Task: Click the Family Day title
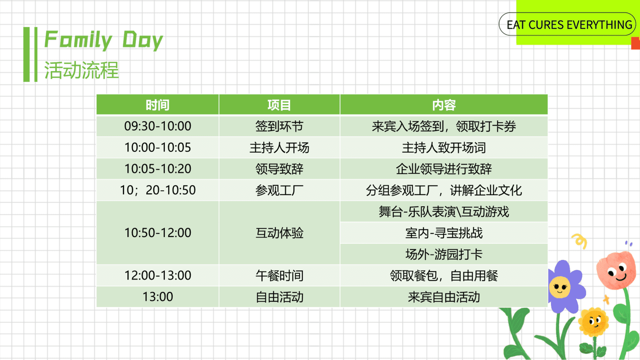click(x=104, y=40)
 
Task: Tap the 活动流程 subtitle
click(x=81, y=70)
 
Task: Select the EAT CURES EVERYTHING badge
click(x=567, y=24)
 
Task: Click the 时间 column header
click(x=158, y=105)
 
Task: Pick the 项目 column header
click(x=279, y=105)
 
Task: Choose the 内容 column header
click(x=444, y=105)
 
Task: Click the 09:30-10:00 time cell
click(x=158, y=126)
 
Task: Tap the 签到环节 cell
click(x=279, y=126)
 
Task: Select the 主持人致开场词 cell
click(x=444, y=147)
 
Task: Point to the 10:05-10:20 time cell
click(x=158, y=169)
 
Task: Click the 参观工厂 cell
click(x=279, y=190)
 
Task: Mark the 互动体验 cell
click(x=279, y=233)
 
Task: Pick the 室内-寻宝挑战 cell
click(x=444, y=233)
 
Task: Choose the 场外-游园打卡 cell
click(x=444, y=254)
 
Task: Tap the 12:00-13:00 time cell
click(x=158, y=275)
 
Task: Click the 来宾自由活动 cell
click(x=444, y=297)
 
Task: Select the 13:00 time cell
click(x=158, y=297)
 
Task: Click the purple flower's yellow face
click(x=560, y=287)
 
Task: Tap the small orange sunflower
click(x=593, y=322)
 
